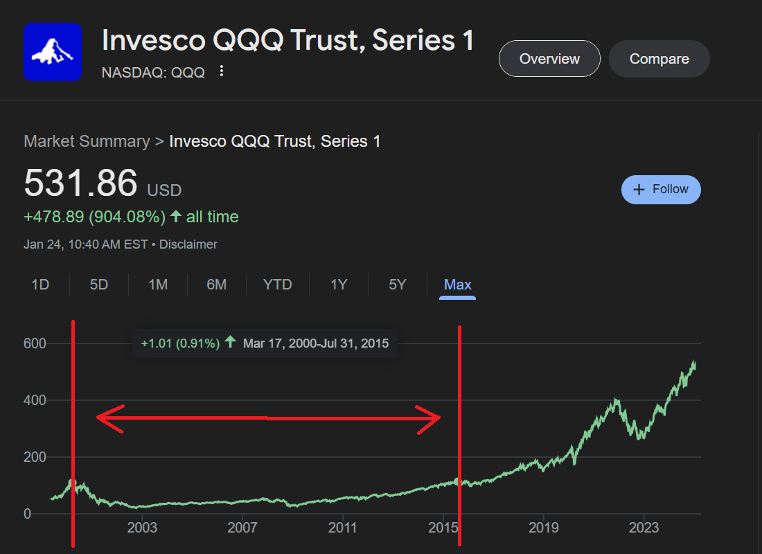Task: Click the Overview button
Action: tap(549, 59)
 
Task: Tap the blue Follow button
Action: tap(661, 190)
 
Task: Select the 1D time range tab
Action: tap(40, 285)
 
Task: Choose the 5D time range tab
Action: tap(99, 285)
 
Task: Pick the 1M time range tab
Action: tap(158, 285)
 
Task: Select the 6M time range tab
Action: tap(217, 285)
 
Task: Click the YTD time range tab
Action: tap(277, 285)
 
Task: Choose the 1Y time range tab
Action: tap(338, 285)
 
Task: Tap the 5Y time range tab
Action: tap(397, 285)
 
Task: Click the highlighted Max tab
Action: tap(457, 285)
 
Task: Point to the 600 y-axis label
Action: tap(35, 343)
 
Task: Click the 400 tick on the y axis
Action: tap(35, 400)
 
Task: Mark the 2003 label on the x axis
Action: tap(142, 528)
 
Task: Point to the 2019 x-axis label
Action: tap(543, 528)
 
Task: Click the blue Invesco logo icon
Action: tap(53, 52)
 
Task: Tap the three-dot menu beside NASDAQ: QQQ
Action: tap(222, 71)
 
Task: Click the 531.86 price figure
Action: tap(80, 184)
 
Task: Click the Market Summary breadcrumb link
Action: tap(87, 141)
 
